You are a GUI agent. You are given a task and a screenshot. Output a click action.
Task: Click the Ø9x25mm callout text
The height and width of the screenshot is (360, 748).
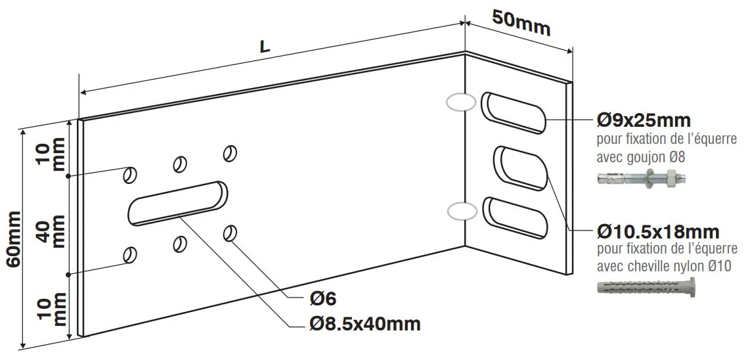643,121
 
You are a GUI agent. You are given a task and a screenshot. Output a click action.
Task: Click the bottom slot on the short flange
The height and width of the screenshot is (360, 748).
516,217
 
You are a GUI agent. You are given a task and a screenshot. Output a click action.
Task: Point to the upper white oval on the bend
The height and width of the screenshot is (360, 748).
459,102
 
